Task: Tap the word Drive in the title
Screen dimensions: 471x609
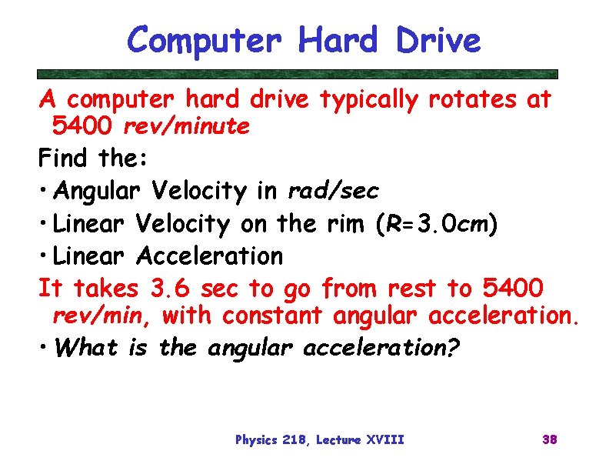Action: click(438, 40)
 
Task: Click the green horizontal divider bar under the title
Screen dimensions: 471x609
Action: click(298, 75)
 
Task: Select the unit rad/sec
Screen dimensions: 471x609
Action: click(333, 190)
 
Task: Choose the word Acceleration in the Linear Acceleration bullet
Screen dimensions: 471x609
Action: click(209, 255)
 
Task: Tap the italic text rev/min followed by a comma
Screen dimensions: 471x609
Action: click(103, 316)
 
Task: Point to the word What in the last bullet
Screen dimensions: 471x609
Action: click(88, 348)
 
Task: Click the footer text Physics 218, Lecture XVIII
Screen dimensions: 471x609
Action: click(319, 440)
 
